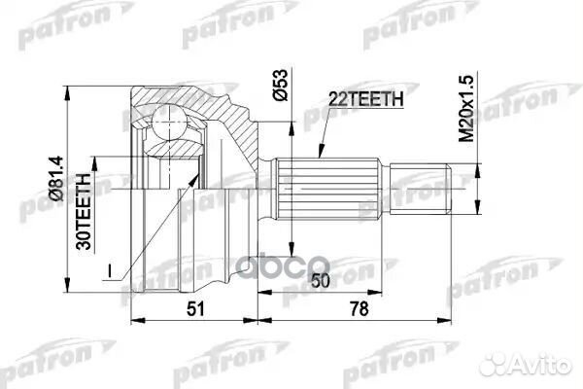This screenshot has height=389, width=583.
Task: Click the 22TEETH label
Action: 359,97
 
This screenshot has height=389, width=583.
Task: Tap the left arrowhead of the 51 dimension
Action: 134,320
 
